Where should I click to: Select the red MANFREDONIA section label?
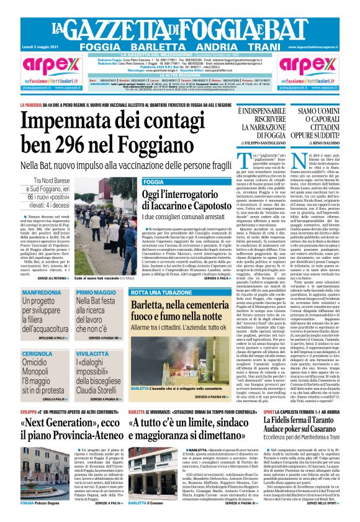click(42, 292)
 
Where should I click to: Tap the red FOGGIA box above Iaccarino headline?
click(153, 182)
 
